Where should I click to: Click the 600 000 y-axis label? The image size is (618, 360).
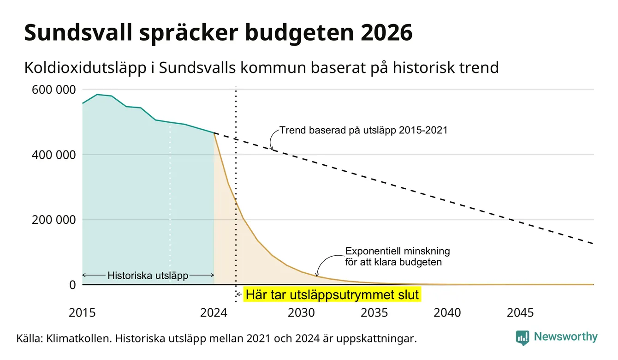[x=53, y=90]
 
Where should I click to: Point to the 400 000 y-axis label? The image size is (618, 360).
[x=53, y=155]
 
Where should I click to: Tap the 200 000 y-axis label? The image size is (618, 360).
[x=53, y=220]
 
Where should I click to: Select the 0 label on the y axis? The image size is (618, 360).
[x=72, y=285]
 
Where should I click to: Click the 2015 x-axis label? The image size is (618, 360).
[x=82, y=313]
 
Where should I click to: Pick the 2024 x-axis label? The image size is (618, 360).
[x=214, y=313]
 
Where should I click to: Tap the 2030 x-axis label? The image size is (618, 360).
[x=301, y=313]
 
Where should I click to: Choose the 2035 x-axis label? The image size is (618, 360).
[x=374, y=313]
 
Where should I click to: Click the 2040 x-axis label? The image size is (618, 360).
[x=447, y=313]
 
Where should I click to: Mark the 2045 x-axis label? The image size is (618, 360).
[x=520, y=313]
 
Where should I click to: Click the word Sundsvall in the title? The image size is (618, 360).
[x=78, y=33]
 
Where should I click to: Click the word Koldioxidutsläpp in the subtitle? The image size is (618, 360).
[x=85, y=68]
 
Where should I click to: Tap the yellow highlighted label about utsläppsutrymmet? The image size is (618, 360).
[x=332, y=294]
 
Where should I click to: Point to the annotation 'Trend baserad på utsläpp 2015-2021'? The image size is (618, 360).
[x=363, y=130]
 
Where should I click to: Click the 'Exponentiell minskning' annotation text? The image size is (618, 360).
[x=398, y=251]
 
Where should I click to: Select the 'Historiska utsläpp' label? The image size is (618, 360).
[x=148, y=276]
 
